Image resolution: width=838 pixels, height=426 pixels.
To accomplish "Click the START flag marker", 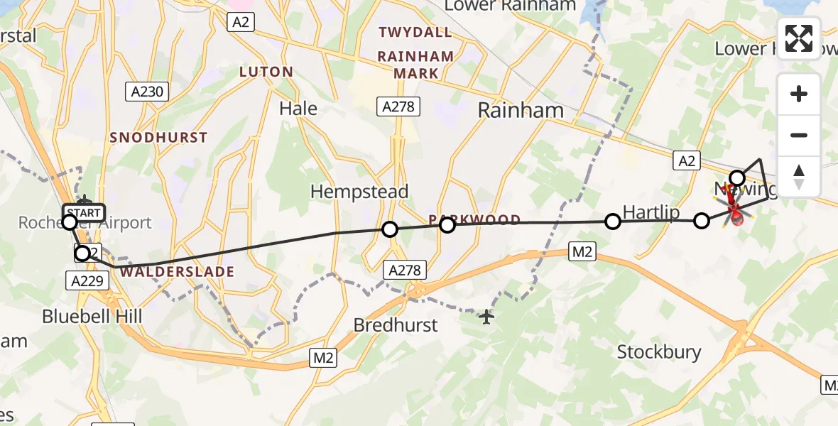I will (x=83, y=212).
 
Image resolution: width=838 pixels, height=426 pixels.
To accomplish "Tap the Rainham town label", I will (x=521, y=110).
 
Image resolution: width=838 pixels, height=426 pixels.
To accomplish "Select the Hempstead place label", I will (x=359, y=192).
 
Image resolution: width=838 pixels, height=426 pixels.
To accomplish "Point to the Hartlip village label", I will (x=651, y=212).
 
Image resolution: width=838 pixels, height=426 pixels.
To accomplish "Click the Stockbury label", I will (x=658, y=351).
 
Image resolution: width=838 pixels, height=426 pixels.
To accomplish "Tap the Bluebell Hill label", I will (x=92, y=316).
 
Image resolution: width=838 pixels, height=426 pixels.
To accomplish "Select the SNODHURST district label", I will (x=158, y=138).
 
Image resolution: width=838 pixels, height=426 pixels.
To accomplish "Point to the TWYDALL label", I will (x=415, y=32).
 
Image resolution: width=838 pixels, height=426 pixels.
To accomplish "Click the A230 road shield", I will (x=147, y=91).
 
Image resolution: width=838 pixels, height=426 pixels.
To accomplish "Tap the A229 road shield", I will (x=89, y=280).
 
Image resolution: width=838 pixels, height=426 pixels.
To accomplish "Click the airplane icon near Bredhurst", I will (x=486, y=317).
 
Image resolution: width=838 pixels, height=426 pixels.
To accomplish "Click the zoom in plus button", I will (x=799, y=94).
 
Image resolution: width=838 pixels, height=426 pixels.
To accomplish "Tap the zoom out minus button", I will (x=799, y=135).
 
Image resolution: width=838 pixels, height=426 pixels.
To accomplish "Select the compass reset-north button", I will (x=799, y=176).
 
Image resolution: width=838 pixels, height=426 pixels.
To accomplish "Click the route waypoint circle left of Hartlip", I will (x=612, y=222).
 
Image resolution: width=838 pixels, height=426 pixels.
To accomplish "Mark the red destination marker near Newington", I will (x=736, y=213).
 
